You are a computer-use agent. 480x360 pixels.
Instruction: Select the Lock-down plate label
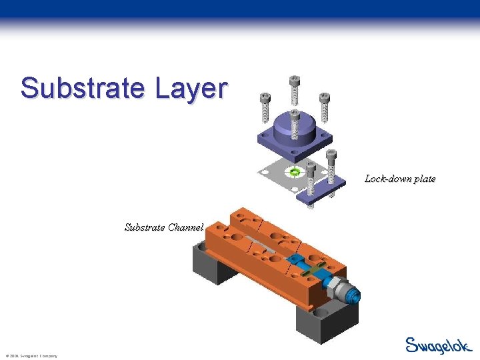click(x=399, y=179)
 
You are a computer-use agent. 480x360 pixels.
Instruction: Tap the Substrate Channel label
click(x=163, y=227)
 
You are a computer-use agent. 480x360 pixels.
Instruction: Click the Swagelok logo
click(x=438, y=345)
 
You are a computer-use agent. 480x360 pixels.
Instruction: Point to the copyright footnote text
click(x=31, y=356)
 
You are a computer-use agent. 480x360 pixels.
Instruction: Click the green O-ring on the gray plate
click(x=295, y=172)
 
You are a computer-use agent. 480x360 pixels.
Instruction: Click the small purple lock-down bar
click(x=322, y=193)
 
